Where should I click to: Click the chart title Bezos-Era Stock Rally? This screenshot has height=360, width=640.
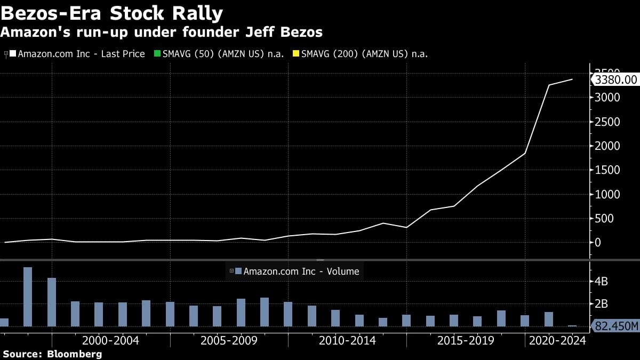[x=111, y=13]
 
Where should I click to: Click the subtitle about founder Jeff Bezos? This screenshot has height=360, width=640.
[x=161, y=33]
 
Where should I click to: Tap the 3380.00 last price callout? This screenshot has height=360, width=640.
[x=615, y=80]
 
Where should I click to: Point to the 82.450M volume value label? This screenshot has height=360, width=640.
[x=616, y=326]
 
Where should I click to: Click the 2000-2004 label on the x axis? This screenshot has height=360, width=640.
[x=111, y=340]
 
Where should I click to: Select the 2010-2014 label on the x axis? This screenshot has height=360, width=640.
[x=347, y=340]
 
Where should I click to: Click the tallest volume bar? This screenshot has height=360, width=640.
[x=28, y=297]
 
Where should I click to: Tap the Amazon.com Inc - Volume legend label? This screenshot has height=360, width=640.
[x=301, y=271]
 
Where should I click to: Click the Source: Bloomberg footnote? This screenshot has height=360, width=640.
[x=52, y=354]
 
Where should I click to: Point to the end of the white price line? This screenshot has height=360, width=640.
[x=572, y=79]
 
